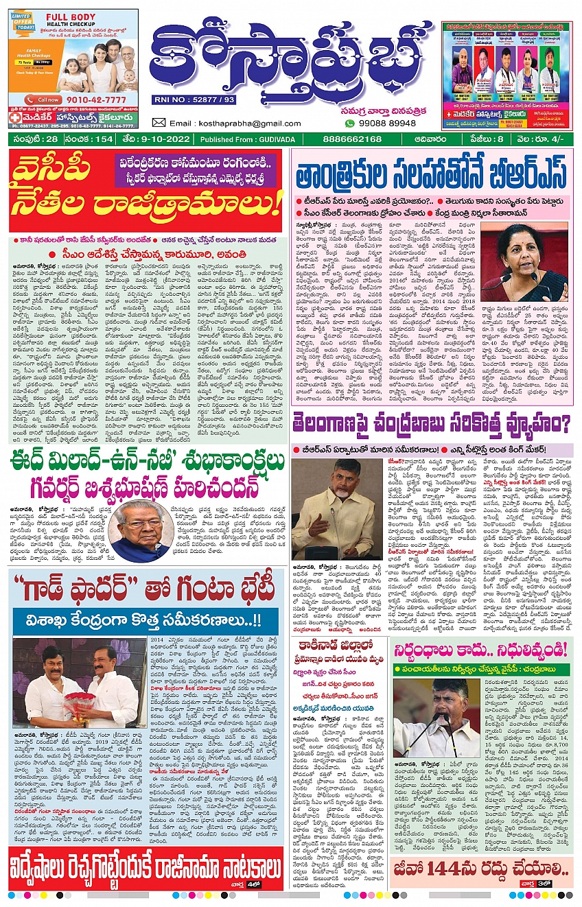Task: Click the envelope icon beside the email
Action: pyautogui.click(x=159, y=123)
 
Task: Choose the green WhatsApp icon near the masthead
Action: pyautogui.click(x=350, y=123)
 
